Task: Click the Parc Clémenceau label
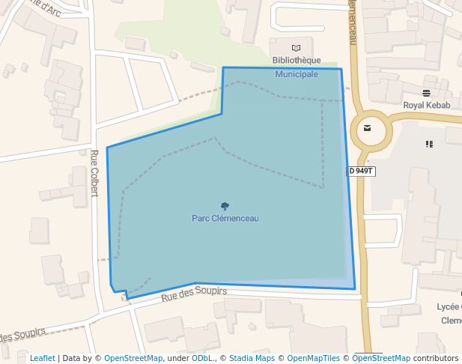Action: pyautogui.click(x=225, y=219)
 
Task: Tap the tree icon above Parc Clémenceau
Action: pyautogui.click(x=225, y=206)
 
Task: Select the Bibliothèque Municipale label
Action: pyautogui.click(x=297, y=67)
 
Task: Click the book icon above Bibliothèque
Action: pyautogui.click(x=297, y=49)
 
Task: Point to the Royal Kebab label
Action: pyautogui.click(x=427, y=105)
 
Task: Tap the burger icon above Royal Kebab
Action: pyautogui.click(x=427, y=93)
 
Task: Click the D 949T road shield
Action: pyautogui.click(x=361, y=171)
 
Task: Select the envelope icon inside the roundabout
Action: pyautogui.click(x=367, y=127)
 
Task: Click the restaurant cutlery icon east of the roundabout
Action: pyautogui.click(x=429, y=144)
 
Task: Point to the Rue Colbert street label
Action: pyautogui.click(x=94, y=172)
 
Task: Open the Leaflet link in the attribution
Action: pyautogui.click(x=42, y=358)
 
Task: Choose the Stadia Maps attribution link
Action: pyautogui.click(x=252, y=358)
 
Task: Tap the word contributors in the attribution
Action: pyautogui.click(x=436, y=358)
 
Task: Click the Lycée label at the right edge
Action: pyautogui.click(x=449, y=307)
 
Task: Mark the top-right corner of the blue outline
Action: pyautogui.click(x=341, y=70)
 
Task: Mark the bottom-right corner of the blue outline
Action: pyautogui.click(x=355, y=288)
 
